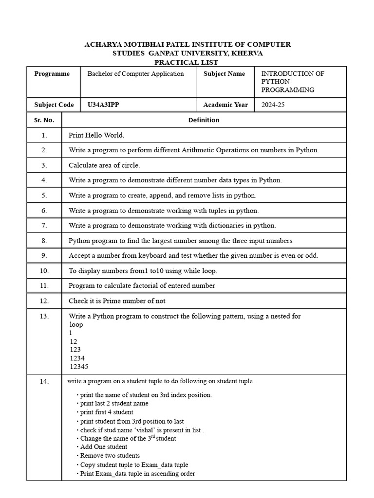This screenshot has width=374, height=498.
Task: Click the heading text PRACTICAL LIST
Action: pyautogui.click(x=187, y=62)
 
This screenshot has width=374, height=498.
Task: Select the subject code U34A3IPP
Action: pyautogui.click(x=103, y=105)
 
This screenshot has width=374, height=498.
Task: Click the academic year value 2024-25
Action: pyautogui.click(x=273, y=105)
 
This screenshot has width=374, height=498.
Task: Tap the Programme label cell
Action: pyautogui.click(x=52, y=74)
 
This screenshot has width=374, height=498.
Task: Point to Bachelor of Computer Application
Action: pyautogui.click(x=135, y=74)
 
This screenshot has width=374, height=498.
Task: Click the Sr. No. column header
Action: pyautogui.click(x=44, y=120)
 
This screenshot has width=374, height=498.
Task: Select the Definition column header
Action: pyautogui.click(x=204, y=120)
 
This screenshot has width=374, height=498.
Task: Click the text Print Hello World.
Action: pyautogui.click(x=100, y=135)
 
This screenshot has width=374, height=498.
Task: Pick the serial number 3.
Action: pyautogui.click(x=44, y=165)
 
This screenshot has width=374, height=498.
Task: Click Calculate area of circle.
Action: pyautogui.click(x=104, y=165)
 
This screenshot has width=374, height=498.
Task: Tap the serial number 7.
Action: pyautogui.click(x=44, y=226)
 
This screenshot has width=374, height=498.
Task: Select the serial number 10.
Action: pyautogui.click(x=44, y=270)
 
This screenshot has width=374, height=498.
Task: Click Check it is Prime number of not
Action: pyautogui.click(x=117, y=301)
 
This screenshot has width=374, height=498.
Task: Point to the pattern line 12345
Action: pyautogui.click(x=79, y=367)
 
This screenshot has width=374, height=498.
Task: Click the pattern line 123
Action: pyautogui.click(x=75, y=350)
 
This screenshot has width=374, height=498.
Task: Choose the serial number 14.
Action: pyautogui.click(x=44, y=382)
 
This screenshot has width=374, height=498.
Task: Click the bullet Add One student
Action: pyautogui.click(x=104, y=447)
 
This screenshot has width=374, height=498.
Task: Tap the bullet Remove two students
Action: pyautogui.click(x=110, y=456)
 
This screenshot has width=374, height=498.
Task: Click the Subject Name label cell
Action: pyautogui.click(x=224, y=74)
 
